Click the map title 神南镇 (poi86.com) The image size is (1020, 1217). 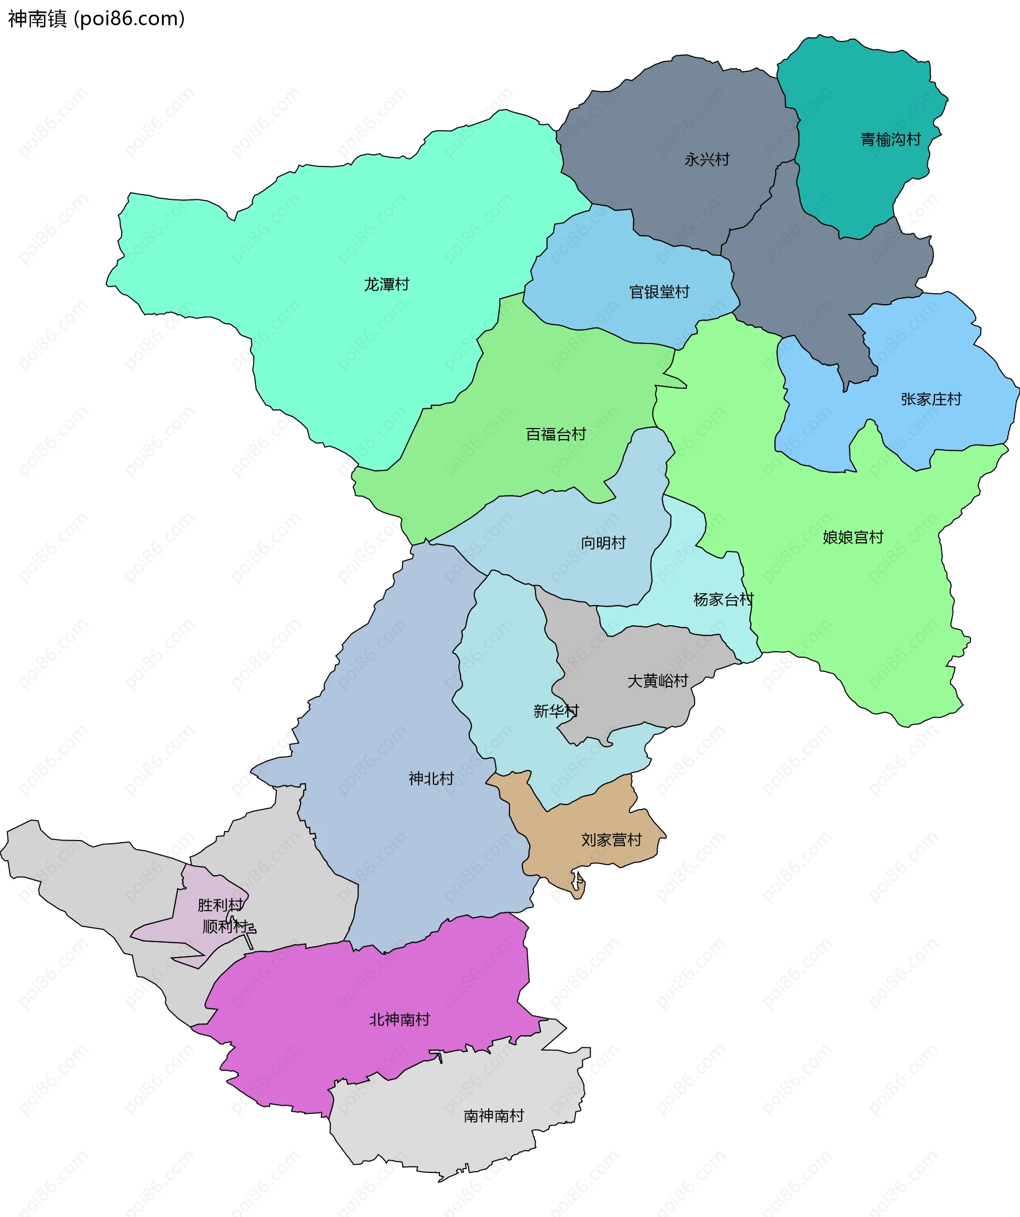pos(96,19)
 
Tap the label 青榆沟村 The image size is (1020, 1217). pos(890,140)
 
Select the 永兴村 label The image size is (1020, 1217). pos(707,160)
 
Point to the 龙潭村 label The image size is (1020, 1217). pos(386,284)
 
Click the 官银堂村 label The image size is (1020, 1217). pos(659,292)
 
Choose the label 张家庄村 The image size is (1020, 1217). pos(931,399)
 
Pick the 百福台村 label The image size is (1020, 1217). pos(556,434)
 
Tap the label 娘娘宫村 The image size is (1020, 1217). pos(853,537)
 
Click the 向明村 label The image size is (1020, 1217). pos(603,542)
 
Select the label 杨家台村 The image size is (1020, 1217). pos(723,599)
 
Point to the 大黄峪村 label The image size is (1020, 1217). pos(657,681)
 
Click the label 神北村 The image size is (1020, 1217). pos(431,778)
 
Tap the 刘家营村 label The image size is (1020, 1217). pos(611,840)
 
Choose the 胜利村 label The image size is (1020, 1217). pos(220,904)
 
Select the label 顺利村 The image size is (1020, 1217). pos(225,926)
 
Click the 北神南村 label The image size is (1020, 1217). pos(399,1019)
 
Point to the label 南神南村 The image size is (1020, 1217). pos(494,1115)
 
